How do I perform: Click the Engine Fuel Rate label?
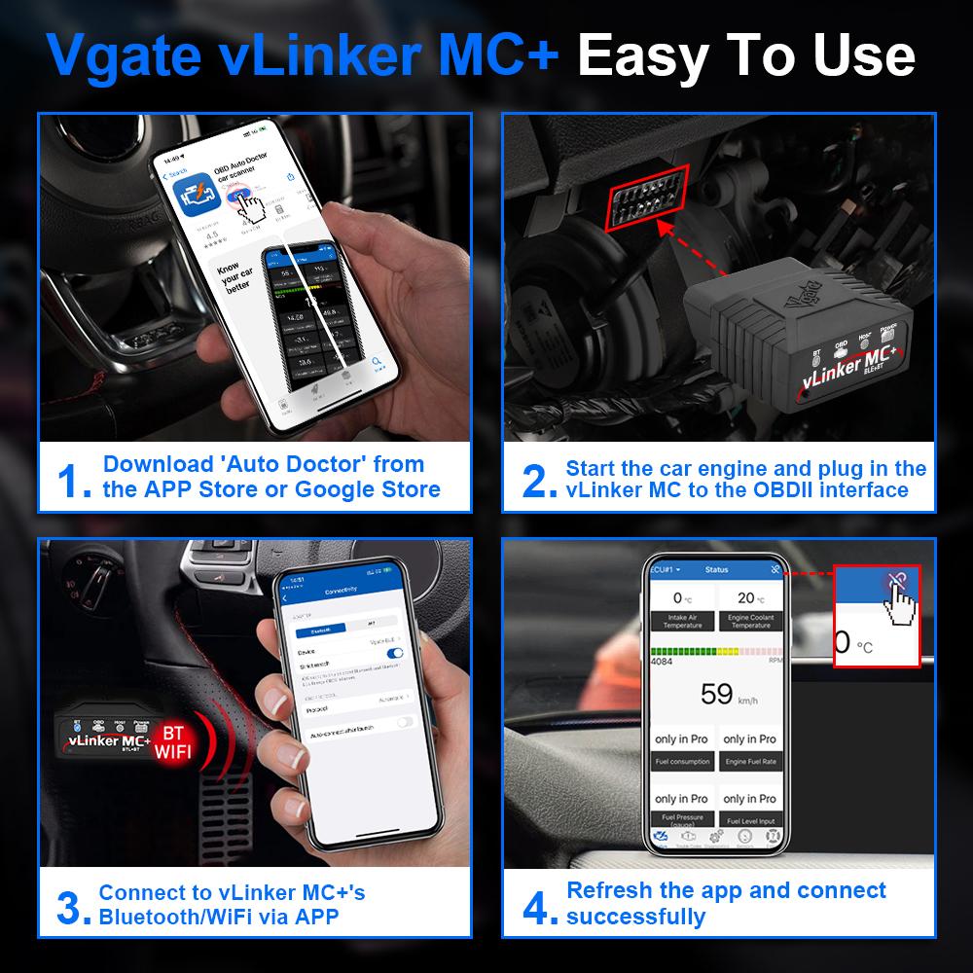pos(750,761)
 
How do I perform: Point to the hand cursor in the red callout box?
pos(900,603)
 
